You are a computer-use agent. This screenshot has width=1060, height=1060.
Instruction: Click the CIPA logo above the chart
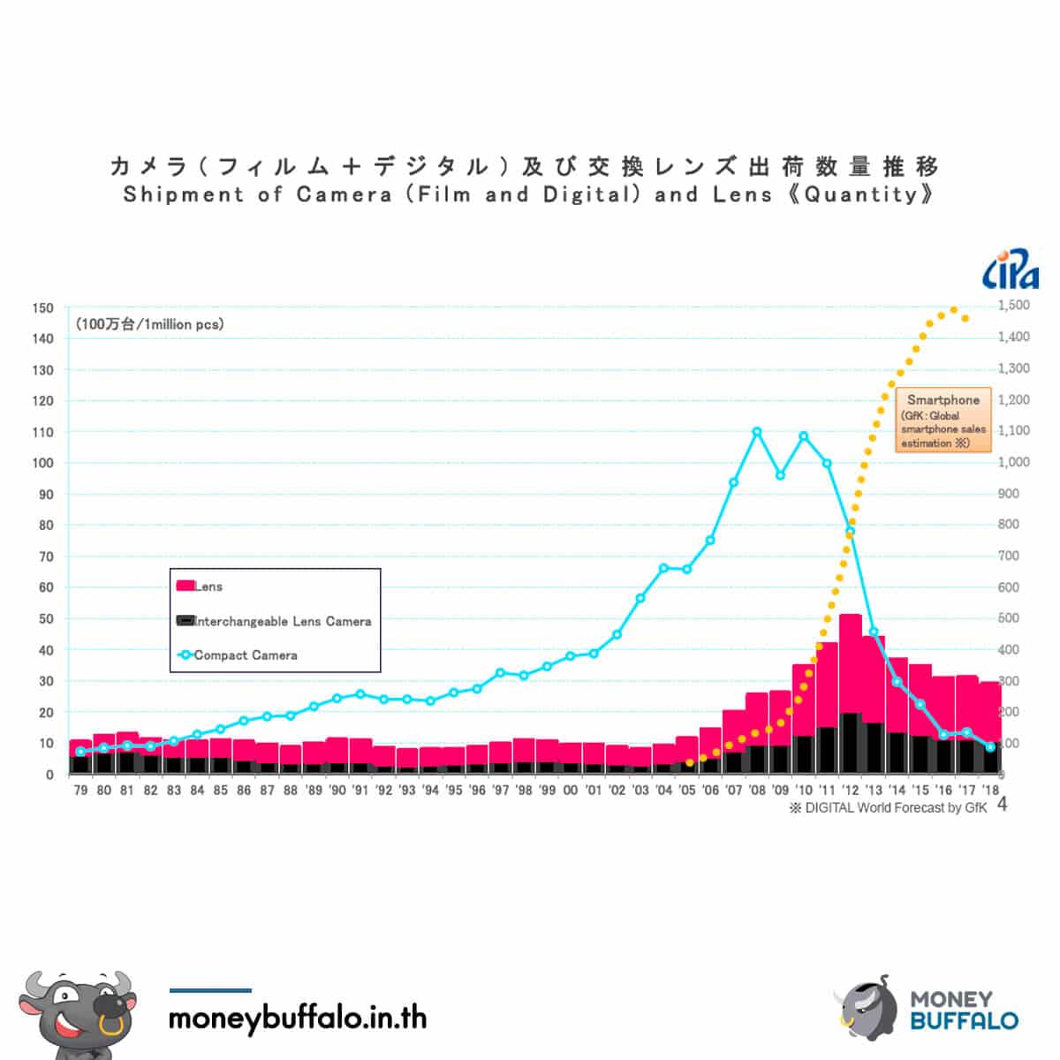point(1010,269)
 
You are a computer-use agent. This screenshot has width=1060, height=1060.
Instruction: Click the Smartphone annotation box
point(943,420)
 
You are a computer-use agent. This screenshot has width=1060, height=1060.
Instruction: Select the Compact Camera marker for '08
point(757,432)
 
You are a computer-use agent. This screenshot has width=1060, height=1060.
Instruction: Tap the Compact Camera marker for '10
point(804,436)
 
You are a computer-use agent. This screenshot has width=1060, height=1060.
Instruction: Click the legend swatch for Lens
point(185,586)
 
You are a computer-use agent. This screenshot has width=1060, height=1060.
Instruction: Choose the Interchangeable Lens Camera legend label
point(283,622)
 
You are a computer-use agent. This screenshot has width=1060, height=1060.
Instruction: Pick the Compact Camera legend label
point(246,655)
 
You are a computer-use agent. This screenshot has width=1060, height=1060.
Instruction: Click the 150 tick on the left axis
point(43,308)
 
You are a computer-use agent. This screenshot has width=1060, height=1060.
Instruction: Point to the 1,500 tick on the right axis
point(1014,306)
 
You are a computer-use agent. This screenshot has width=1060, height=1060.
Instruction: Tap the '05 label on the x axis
point(687,791)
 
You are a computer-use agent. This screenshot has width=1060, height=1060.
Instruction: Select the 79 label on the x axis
point(80,791)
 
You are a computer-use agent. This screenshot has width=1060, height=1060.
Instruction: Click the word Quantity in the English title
point(861,194)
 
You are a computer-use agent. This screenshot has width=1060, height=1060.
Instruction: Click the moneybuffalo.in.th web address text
point(298,1018)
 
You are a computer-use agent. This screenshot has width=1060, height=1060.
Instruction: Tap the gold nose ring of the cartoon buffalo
point(111,1026)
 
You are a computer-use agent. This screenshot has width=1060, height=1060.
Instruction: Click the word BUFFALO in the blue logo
point(965,1021)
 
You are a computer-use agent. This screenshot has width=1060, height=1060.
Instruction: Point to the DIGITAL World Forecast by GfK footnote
point(889,807)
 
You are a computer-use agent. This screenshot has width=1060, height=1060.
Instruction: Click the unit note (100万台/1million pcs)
point(150,324)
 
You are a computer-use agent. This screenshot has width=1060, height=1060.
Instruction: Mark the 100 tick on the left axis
point(43,463)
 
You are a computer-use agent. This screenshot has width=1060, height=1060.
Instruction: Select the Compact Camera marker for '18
point(990,747)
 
